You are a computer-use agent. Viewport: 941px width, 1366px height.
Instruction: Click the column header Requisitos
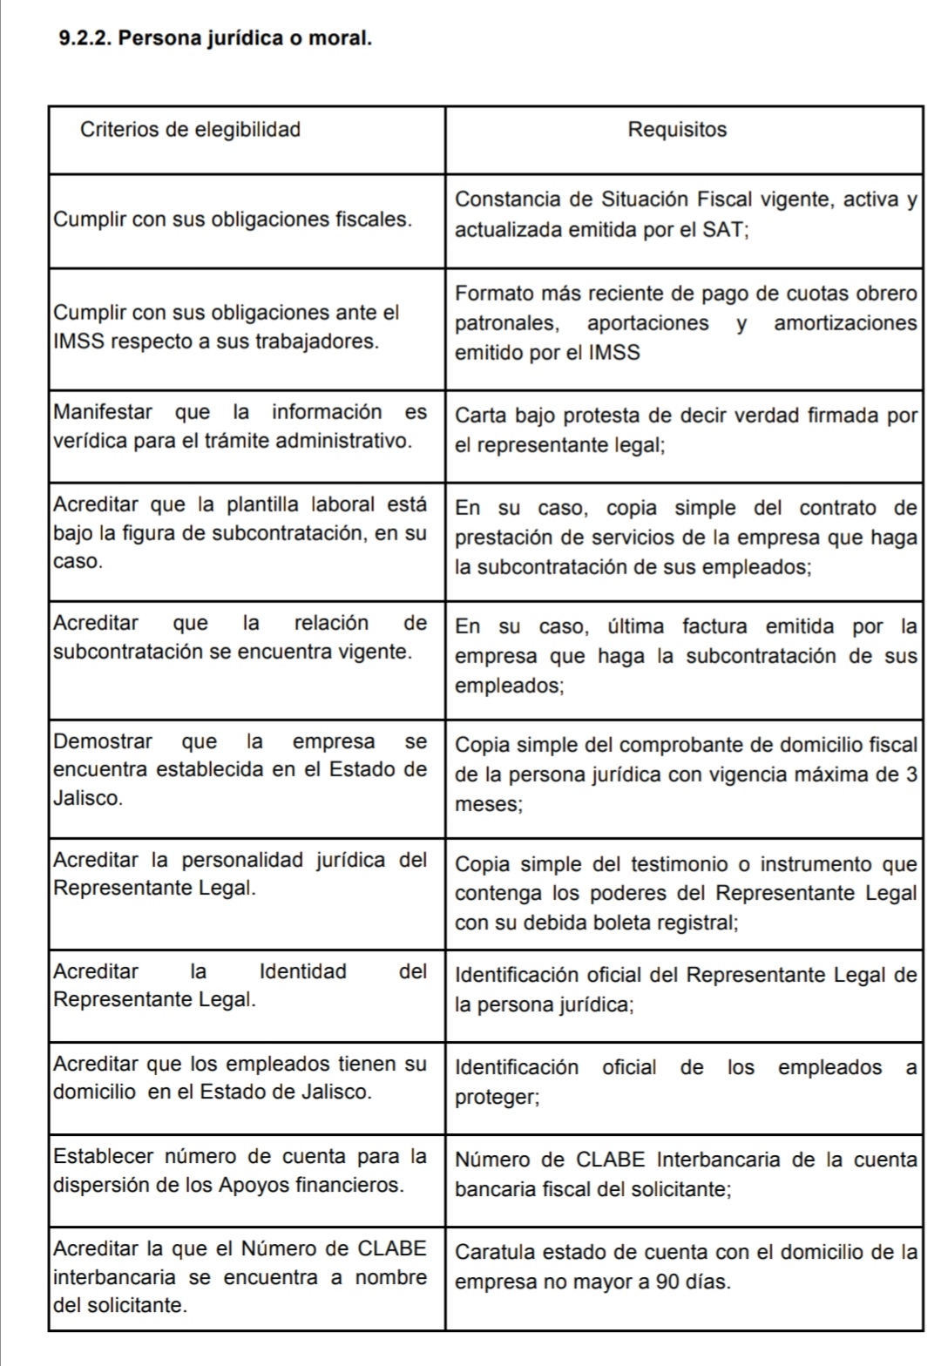pyautogui.click(x=677, y=130)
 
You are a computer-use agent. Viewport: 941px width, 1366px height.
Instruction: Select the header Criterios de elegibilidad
pyautogui.click(x=190, y=130)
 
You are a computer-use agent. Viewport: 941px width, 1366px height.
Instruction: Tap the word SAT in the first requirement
pyautogui.click(x=720, y=230)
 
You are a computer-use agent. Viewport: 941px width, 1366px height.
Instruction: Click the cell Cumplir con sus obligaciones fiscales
pyautogui.click(x=233, y=220)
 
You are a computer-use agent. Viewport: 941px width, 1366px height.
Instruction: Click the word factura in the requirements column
pyautogui.click(x=717, y=626)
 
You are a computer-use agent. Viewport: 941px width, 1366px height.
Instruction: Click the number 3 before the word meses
pyautogui.click(x=911, y=774)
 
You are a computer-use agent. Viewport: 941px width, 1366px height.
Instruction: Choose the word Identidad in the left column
pyautogui.click(x=302, y=971)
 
